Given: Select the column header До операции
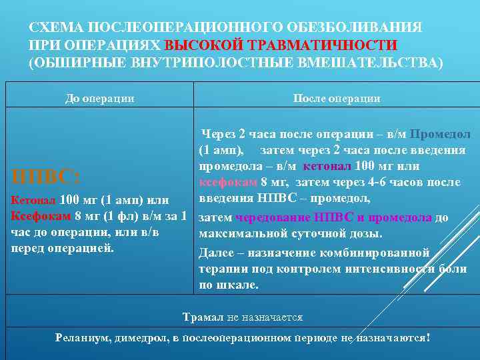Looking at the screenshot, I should tap(99, 99).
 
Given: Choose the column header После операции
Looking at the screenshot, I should tap(337, 99).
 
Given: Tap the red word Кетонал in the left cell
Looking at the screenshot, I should tap(33, 200).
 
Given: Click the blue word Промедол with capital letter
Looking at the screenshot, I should tap(440, 134).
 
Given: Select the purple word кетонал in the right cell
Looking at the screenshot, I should tap(327, 166).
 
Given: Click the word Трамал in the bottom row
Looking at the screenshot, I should tap(201, 317).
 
